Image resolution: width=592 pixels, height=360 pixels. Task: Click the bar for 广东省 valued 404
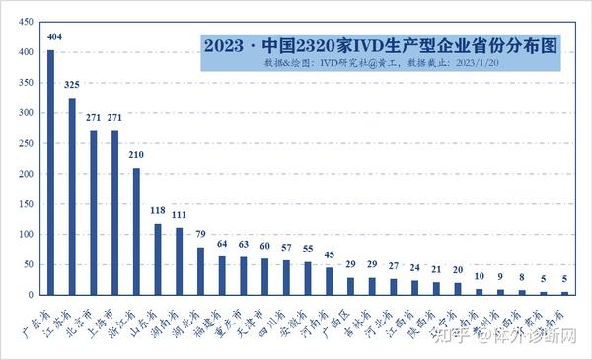click(50, 173)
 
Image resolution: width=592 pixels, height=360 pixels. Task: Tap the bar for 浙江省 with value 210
click(136, 231)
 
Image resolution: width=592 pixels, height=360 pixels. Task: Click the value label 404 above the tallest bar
click(50, 40)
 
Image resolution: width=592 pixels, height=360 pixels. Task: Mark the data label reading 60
click(264, 247)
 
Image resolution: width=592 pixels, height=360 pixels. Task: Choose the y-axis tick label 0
click(32, 295)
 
